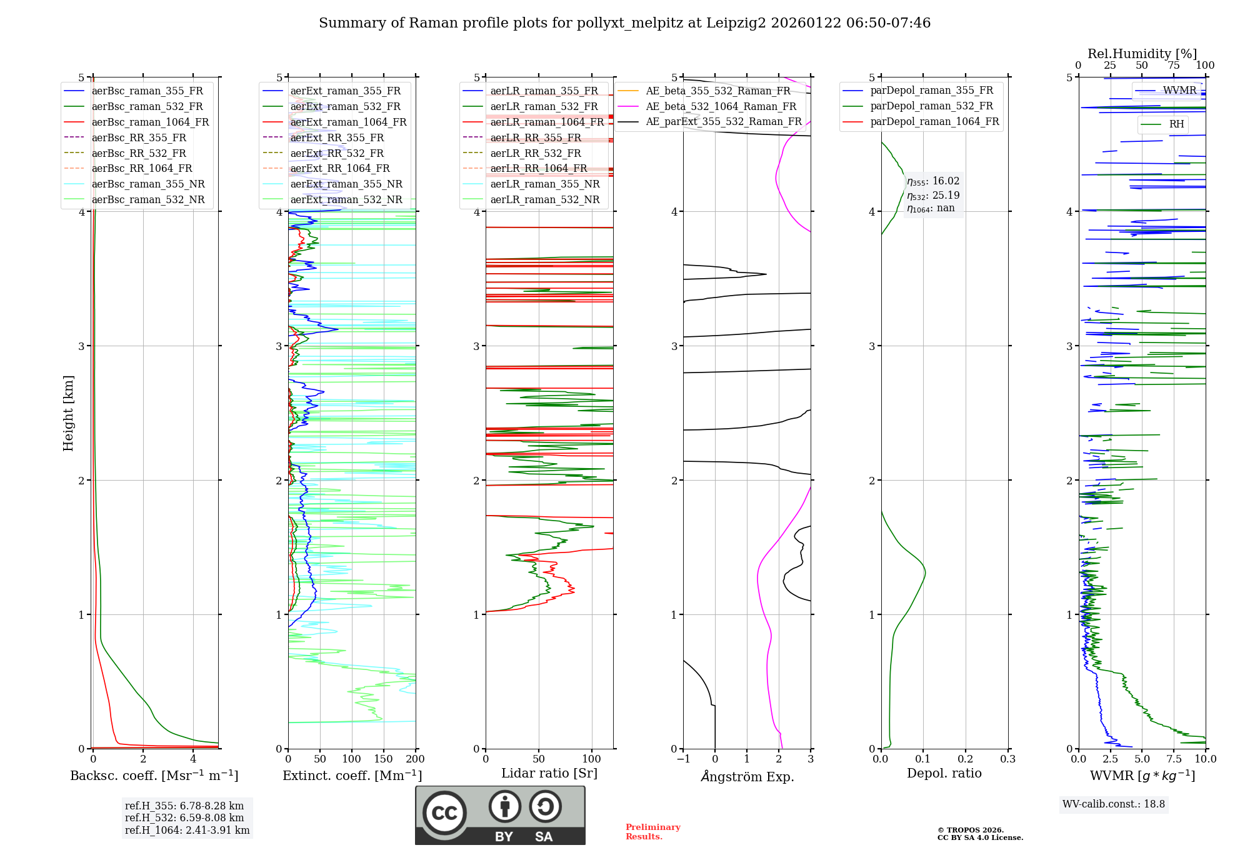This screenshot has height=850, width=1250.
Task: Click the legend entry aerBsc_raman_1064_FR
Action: point(150,122)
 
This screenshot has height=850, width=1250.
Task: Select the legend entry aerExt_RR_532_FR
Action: point(337,153)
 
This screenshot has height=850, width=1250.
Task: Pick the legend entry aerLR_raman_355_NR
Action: point(544,184)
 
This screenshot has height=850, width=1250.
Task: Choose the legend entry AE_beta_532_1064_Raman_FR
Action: point(721,106)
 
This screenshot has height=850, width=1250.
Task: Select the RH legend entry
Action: point(1176,124)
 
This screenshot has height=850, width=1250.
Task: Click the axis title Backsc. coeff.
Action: point(154,776)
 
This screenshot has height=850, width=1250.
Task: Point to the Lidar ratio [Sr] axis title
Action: point(549,773)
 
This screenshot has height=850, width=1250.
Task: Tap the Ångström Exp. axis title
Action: point(747,776)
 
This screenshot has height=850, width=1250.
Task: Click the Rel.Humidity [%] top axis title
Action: point(1142,54)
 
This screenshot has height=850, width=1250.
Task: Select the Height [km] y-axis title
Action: point(68,413)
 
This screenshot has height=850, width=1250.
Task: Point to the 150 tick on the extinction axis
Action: point(383,759)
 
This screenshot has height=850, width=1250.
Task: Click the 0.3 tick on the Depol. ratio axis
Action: point(1007,759)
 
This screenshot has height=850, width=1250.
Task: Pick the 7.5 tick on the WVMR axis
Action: point(1174,759)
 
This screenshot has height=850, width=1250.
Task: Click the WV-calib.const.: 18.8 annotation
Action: point(1113,804)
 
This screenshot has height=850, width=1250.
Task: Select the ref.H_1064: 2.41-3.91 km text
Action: point(187,831)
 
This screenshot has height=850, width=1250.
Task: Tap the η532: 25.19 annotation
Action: point(933,196)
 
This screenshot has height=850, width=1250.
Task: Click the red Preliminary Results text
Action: point(652,832)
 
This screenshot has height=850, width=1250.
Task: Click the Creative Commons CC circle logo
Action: point(444,813)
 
